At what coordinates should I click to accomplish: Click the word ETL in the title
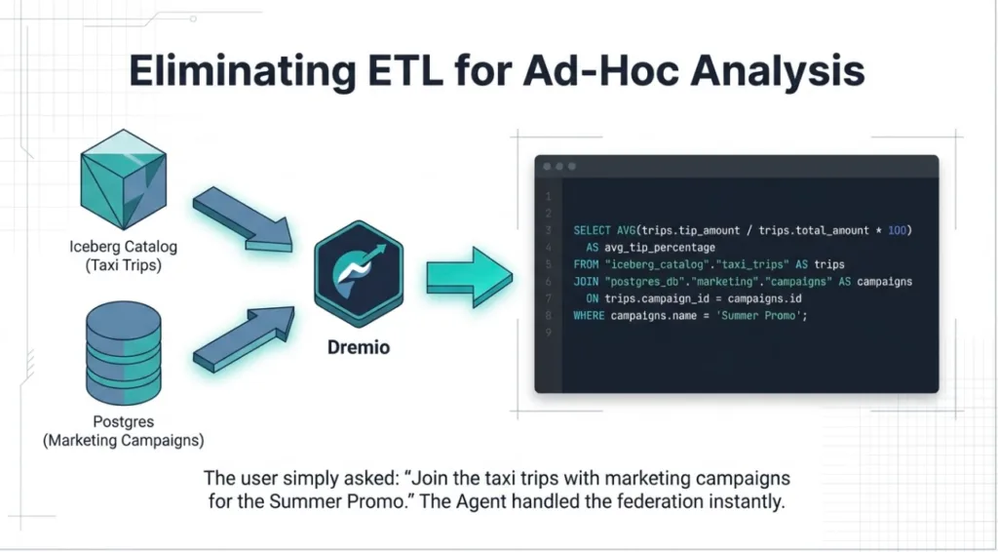click(x=404, y=70)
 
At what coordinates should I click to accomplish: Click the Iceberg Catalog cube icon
click(x=124, y=179)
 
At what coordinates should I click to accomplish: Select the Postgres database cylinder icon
click(x=124, y=353)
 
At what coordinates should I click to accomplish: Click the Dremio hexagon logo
click(x=359, y=274)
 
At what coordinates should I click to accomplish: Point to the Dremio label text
click(x=359, y=347)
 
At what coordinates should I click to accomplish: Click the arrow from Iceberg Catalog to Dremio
click(x=243, y=219)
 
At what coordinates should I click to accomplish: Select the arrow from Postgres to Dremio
click(x=244, y=338)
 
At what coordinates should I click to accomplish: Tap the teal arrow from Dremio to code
click(x=469, y=277)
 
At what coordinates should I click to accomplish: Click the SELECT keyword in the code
click(x=592, y=230)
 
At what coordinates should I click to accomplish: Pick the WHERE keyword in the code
click(x=589, y=316)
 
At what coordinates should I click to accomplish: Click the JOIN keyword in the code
click(x=586, y=282)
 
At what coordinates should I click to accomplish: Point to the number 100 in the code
click(x=897, y=230)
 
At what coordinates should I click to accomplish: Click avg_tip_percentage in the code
click(x=660, y=248)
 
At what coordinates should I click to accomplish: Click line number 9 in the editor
click(x=548, y=333)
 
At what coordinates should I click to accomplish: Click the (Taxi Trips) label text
click(x=124, y=265)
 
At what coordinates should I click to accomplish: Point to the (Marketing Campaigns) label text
click(x=124, y=440)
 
